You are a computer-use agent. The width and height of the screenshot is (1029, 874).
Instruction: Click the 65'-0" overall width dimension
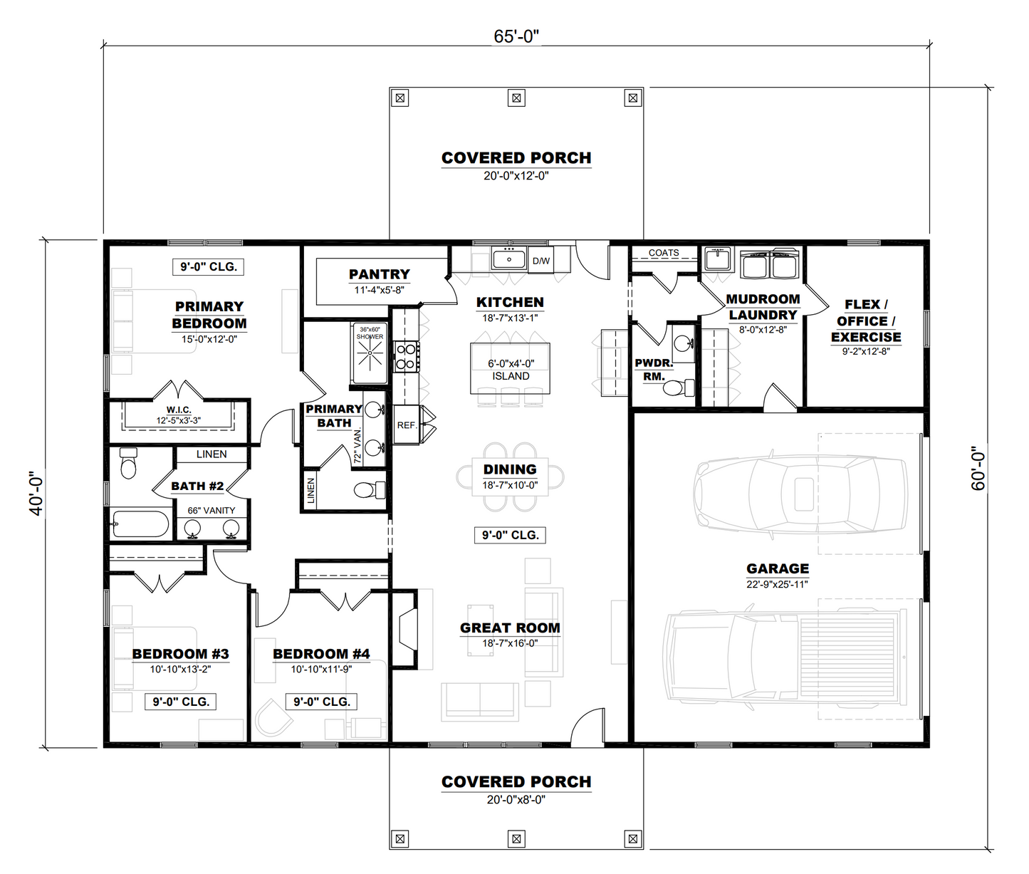click(516, 36)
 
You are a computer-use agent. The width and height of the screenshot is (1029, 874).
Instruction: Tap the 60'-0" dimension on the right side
click(978, 468)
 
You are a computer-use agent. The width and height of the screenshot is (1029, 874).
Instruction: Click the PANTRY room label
click(379, 274)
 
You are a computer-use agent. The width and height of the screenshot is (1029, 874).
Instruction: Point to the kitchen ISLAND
click(511, 369)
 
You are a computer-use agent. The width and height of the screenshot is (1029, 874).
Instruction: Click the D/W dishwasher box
click(541, 261)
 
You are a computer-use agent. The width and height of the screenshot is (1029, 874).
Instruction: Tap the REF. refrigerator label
click(407, 425)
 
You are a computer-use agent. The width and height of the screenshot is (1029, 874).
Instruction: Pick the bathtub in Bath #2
click(141, 524)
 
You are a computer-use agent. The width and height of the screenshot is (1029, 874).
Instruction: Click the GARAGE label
click(778, 568)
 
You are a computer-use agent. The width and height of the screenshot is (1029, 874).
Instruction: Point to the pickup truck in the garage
click(783, 657)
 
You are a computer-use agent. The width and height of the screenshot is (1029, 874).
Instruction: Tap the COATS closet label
click(664, 253)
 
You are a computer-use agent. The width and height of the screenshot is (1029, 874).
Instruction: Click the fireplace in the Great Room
click(408, 628)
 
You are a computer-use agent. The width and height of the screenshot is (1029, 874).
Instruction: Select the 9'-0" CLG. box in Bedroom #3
click(181, 702)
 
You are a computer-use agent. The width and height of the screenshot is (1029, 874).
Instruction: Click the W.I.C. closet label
click(179, 410)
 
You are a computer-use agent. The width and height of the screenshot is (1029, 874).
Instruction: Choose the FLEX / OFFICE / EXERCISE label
click(865, 321)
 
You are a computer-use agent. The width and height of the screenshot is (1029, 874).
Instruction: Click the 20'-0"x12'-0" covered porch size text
click(516, 176)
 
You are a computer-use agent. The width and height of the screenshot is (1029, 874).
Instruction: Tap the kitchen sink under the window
click(508, 259)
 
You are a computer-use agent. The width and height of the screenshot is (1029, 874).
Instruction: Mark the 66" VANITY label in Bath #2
click(211, 511)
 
